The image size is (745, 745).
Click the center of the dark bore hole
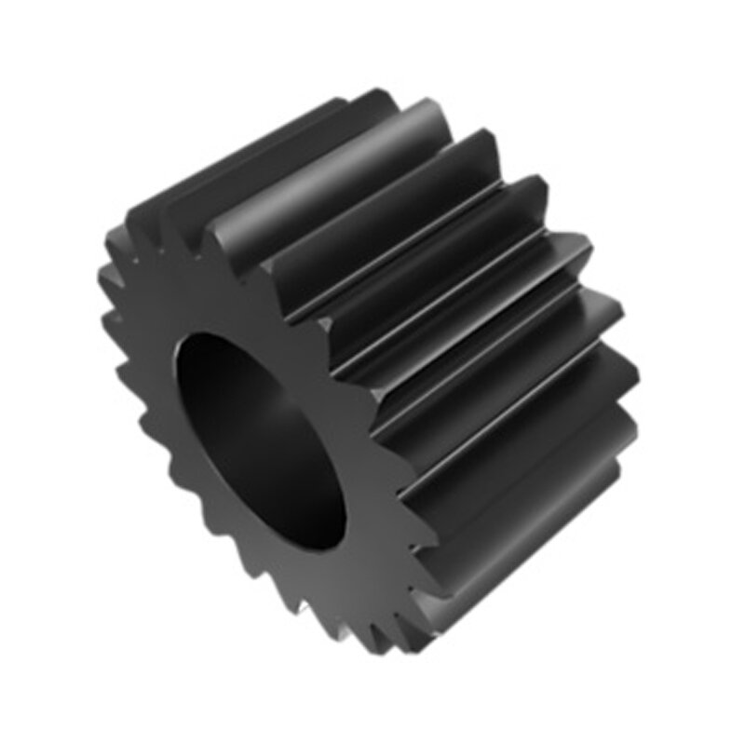[x=256, y=438]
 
